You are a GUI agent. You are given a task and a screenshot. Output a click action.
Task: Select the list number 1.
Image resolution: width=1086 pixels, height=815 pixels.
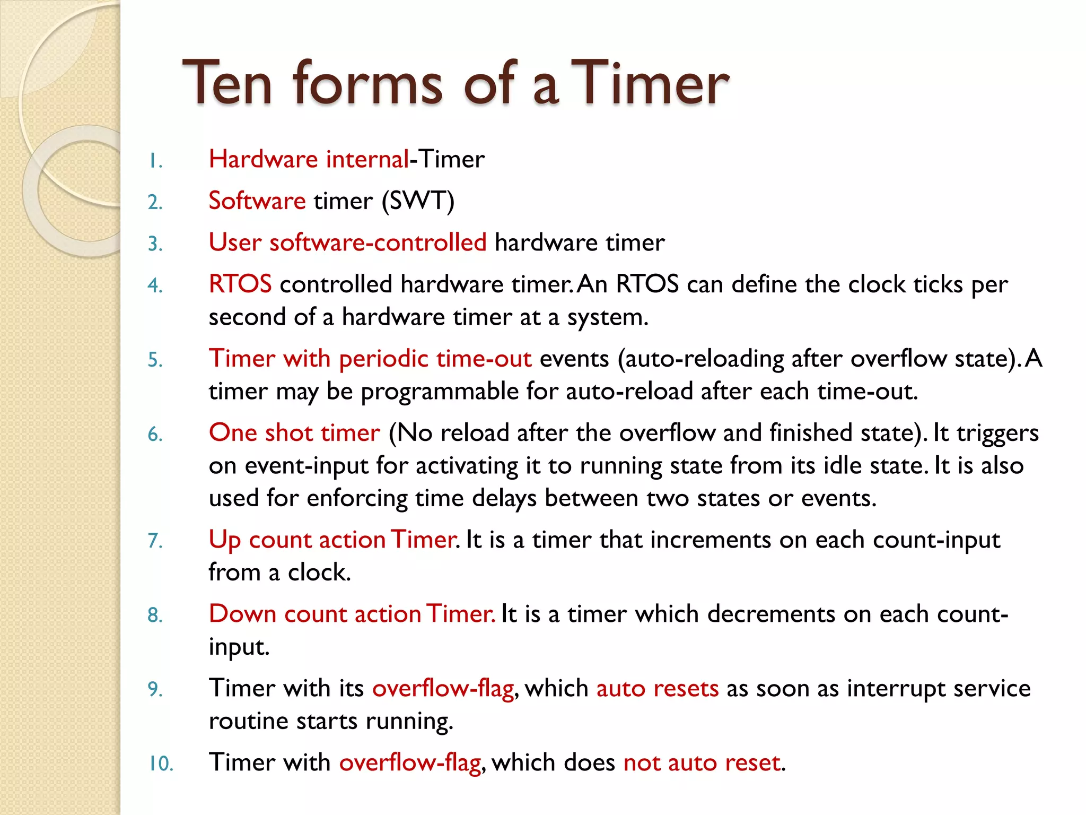click(x=155, y=161)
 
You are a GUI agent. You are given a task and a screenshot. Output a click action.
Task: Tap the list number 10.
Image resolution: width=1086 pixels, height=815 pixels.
click(x=161, y=764)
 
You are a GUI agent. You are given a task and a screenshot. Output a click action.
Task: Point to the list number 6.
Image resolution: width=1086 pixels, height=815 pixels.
click(x=155, y=435)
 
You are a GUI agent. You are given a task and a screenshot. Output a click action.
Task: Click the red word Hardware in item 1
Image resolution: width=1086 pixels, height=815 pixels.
click(x=263, y=159)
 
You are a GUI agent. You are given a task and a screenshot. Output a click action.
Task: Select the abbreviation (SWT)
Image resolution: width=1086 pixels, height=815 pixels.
click(x=418, y=201)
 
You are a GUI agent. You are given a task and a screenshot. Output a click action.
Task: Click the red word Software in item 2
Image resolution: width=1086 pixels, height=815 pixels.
click(x=257, y=201)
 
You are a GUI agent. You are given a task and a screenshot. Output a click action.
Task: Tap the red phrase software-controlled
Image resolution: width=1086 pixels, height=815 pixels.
click(x=378, y=242)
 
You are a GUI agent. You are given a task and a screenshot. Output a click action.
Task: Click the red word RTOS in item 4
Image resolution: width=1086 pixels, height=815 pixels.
click(x=240, y=284)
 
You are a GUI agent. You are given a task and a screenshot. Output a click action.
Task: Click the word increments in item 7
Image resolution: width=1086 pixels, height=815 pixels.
click(x=711, y=540)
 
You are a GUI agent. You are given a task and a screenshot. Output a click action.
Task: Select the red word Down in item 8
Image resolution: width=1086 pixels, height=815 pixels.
click(x=242, y=614)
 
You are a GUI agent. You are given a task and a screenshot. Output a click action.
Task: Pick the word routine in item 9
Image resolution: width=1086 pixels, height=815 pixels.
click(x=248, y=721)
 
